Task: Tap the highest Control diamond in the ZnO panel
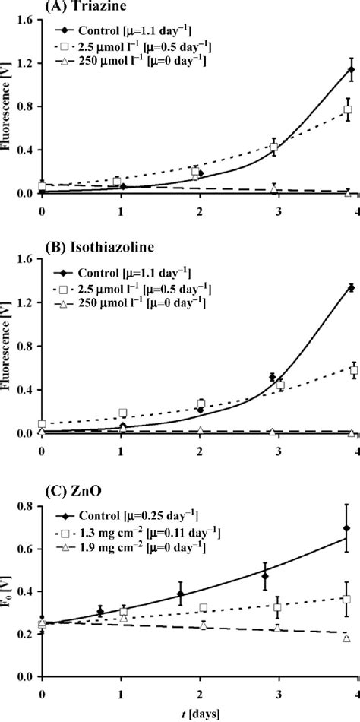click(346, 549)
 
